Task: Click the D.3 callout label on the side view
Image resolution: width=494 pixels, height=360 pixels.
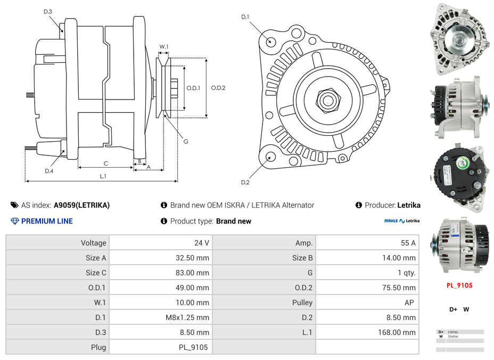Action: pos(47,11)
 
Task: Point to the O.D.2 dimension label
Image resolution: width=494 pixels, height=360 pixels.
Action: pos(218,88)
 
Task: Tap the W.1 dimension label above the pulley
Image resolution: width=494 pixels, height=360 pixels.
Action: pos(164,47)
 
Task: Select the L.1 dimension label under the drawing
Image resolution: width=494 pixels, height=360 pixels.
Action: pos(103,176)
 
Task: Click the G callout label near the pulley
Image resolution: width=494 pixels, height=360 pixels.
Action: pos(186,141)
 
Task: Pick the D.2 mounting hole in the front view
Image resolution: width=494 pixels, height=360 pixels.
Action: pos(270,157)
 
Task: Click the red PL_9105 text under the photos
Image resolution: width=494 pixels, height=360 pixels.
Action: pos(459,285)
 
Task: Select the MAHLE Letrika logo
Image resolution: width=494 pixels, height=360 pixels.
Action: pos(402,221)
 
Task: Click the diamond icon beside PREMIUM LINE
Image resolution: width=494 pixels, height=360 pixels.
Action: pos(15,221)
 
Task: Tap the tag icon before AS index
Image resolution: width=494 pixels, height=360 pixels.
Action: pos(14,205)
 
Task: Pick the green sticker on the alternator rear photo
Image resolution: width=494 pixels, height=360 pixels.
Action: pos(471,166)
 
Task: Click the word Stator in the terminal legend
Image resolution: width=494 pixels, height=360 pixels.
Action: pos(453,337)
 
